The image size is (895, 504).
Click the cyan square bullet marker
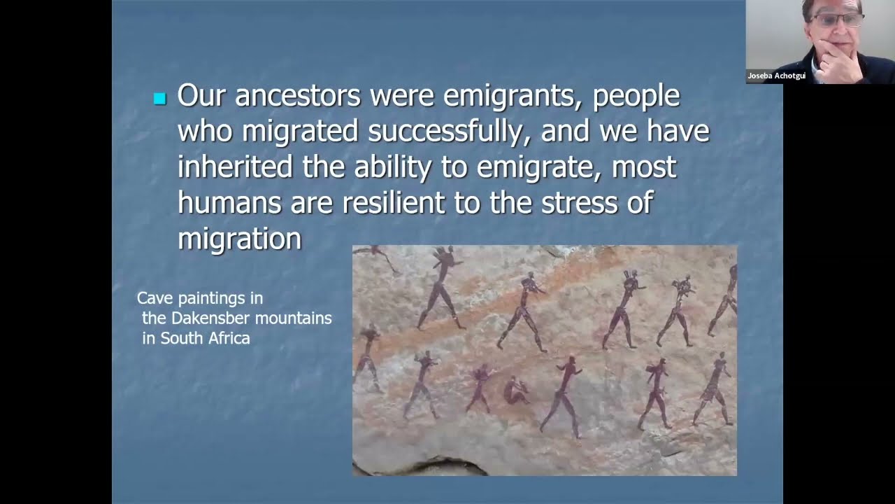[159, 99]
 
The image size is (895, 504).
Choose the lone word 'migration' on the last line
[239, 239]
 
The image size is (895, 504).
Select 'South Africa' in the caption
[206, 338]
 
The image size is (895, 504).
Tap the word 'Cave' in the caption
[155, 298]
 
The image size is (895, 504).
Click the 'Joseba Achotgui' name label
[776, 76]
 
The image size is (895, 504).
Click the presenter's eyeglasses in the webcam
[835, 20]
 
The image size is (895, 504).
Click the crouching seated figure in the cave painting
[516, 389]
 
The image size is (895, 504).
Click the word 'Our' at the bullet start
[202, 96]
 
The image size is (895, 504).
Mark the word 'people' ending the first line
[636, 96]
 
